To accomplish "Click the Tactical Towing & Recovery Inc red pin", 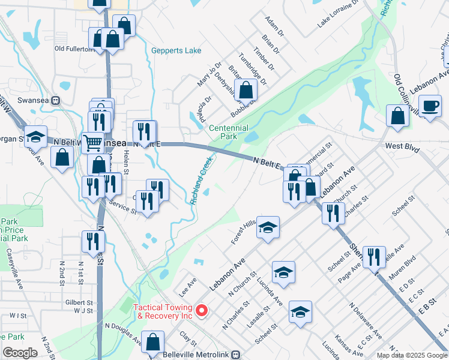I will [202, 311].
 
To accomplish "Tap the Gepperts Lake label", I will [176, 51].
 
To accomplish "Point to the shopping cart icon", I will [92, 143].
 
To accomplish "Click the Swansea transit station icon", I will [56, 100].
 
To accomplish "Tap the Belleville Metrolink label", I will [197, 355].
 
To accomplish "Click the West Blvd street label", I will [402, 146].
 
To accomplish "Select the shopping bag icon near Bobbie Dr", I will [246, 91].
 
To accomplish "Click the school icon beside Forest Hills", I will [268, 227].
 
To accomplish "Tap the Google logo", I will [19, 353].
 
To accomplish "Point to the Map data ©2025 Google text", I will [412, 355].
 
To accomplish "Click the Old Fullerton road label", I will [76, 49].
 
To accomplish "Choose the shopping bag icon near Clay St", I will [154, 342].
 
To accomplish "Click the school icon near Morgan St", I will [36, 137].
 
